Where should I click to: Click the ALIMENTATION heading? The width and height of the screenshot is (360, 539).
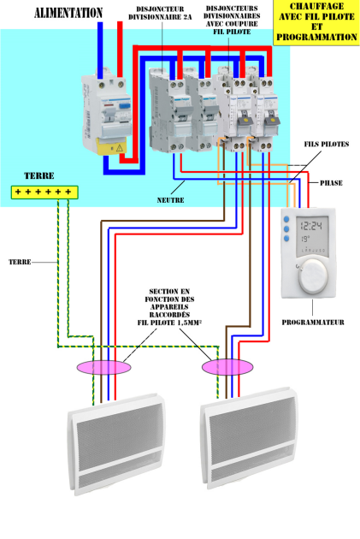(x=68, y=13)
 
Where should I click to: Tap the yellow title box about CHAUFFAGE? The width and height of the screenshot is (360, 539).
(x=316, y=22)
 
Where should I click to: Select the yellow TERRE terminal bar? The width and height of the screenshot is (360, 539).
(x=44, y=192)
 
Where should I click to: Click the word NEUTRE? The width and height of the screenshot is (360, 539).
(x=170, y=200)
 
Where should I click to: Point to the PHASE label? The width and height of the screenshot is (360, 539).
(x=331, y=183)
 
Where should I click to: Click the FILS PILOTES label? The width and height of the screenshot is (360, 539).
(x=327, y=145)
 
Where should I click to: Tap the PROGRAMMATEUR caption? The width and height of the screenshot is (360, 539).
(x=313, y=323)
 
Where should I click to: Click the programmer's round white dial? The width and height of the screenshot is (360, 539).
(x=312, y=276)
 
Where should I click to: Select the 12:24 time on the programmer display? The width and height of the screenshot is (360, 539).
(x=311, y=226)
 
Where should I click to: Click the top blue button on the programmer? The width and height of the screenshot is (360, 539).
(x=286, y=219)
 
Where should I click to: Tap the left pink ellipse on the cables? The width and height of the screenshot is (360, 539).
(x=103, y=367)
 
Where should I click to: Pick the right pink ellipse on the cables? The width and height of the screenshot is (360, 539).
(x=227, y=367)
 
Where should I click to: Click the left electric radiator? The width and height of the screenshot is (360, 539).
(x=116, y=445)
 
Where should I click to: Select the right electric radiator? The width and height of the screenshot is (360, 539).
(x=249, y=438)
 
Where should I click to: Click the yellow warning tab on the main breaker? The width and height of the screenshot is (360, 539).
(x=111, y=147)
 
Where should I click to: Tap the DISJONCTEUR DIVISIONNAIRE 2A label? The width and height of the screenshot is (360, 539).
(x=160, y=13)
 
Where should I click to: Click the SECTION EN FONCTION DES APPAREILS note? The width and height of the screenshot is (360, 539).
(x=169, y=307)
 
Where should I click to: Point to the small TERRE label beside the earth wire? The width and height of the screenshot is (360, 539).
(x=20, y=262)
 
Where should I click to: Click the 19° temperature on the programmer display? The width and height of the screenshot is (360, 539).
(x=305, y=239)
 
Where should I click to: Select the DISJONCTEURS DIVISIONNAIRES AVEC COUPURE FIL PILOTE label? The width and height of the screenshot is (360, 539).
(x=232, y=20)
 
